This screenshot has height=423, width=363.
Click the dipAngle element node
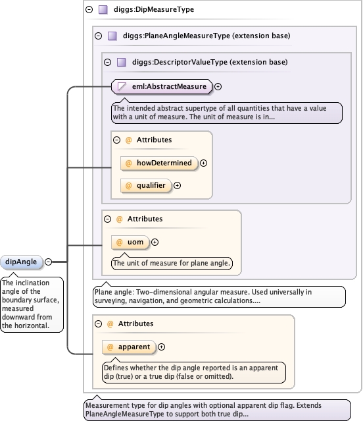point(21,262)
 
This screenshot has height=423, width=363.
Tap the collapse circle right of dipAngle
point(48,262)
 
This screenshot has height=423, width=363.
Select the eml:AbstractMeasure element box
point(162,86)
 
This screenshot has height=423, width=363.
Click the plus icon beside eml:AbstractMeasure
point(218,86)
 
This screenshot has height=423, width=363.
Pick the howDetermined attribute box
point(159,163)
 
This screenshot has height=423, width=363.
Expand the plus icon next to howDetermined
point(203,163)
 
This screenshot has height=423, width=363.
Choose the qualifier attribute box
point(146,186)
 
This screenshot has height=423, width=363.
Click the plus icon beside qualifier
point(177,186)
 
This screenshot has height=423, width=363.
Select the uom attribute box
point(130,242)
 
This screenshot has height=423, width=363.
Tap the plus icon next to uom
point(155,242)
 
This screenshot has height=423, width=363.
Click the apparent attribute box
point(129,347)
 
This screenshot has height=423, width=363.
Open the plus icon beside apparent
point(161,347)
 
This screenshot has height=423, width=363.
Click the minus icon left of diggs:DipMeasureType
point(89,10)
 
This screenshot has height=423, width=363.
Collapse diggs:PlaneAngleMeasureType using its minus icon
point(98,36)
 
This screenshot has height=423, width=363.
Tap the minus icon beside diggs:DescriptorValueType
point(107,63)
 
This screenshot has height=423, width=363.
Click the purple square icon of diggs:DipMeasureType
point(103,10)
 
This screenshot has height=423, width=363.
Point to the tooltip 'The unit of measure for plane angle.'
point(172,263)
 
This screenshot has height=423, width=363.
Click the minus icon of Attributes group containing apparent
point(98,324)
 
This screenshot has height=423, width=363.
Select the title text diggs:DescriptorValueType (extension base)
point(210,63)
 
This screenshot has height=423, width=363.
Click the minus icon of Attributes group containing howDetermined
point(116,140)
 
